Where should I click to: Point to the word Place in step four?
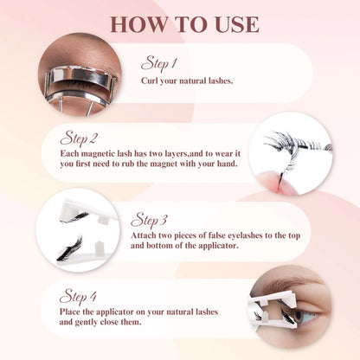[74, 311]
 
